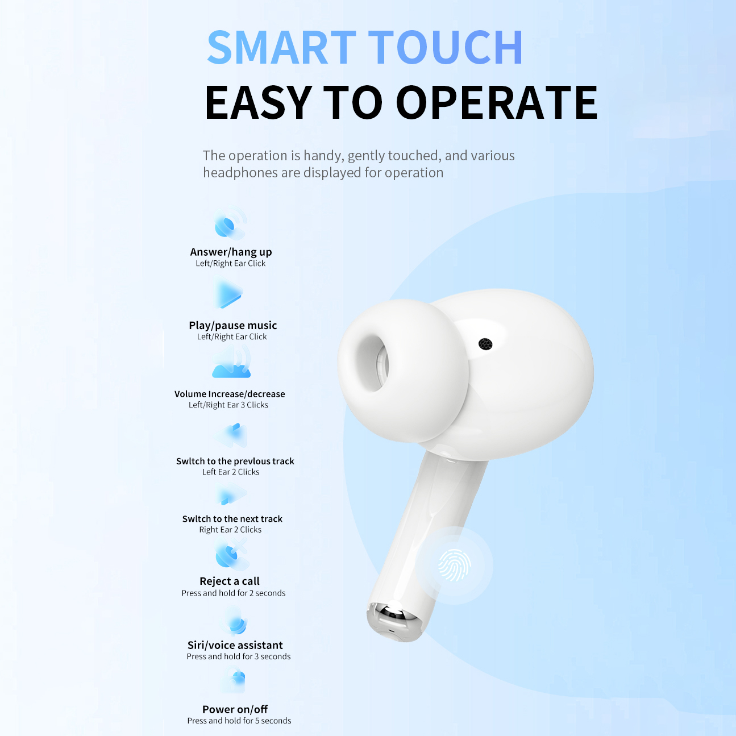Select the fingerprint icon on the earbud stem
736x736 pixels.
click(455, 565)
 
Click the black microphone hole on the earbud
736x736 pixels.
click(485, 344)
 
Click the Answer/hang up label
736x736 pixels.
click(231, 252)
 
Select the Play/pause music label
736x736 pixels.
click(232, 325)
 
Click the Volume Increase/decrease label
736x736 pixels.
click(230, 394)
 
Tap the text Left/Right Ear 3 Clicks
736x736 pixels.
click(228, 405)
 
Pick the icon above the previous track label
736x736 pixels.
click(231, 435)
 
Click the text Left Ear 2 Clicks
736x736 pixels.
click(231, 472)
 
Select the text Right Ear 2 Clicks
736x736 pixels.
click(230, 530)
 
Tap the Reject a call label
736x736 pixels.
click(230, 581)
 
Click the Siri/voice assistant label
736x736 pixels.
click(235, 645)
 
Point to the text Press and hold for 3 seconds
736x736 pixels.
click(239, 656)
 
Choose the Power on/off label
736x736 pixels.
click(235, 709)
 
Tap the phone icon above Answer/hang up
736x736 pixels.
click(230, 224)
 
